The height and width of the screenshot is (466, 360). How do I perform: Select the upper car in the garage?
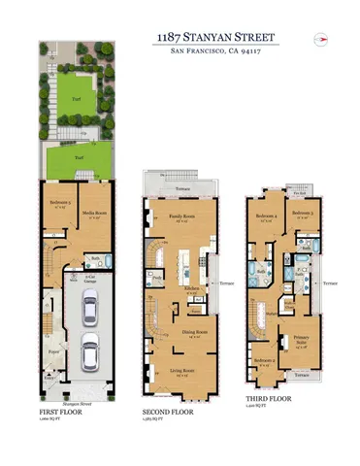point(88,310)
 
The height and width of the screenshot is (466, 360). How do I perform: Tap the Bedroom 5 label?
point(59,205)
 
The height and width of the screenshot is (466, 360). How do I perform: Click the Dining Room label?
point(180,335)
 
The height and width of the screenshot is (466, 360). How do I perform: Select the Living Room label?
point(180,370)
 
